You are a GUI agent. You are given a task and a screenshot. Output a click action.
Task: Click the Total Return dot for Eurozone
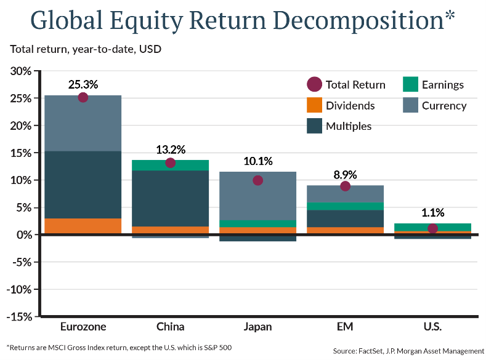click(83, 97)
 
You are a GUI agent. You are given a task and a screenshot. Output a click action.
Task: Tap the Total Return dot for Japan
click(258, 180)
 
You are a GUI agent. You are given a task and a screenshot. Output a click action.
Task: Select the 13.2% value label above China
click(171, 150)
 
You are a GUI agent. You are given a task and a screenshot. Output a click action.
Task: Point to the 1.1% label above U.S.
click(432, 213)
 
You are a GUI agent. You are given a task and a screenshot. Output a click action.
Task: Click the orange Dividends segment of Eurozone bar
click(83, 226)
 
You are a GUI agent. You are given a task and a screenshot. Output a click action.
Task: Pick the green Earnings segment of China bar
click(171, 165)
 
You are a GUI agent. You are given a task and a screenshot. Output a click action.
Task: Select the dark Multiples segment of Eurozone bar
click(83, 185)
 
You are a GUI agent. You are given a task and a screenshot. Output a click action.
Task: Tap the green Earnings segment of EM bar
click(345, 206)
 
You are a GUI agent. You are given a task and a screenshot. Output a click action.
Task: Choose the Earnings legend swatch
click(410, 85)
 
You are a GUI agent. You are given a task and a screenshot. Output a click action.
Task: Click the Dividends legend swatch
click(315, 105)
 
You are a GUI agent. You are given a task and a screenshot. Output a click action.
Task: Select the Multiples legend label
click(349, 126)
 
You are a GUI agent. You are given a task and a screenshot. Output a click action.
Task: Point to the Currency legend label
click(444, 106)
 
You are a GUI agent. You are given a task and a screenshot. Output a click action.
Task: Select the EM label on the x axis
click(345, 327)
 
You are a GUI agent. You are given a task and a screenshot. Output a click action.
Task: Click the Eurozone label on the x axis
click(83, 327)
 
